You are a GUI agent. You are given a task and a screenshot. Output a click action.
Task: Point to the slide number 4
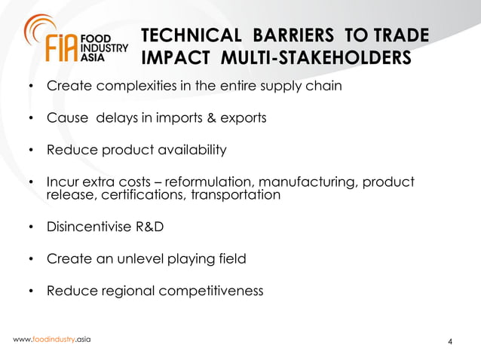click(450, 344)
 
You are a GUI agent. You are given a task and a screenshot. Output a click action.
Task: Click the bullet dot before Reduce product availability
click(31, 151)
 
